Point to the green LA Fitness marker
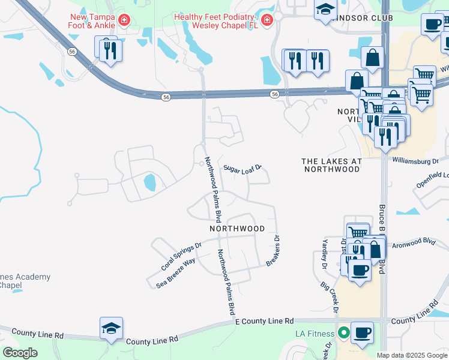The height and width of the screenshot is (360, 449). (x=344, y=332)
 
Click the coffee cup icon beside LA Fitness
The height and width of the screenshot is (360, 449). (x=362, y=332)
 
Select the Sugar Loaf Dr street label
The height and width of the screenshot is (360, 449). (x=243, y=169)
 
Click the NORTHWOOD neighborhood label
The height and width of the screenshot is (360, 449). (x=237, y=229)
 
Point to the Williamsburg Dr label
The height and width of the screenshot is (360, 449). (x=417, y=161)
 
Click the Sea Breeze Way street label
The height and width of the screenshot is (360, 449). (x=176, y=272)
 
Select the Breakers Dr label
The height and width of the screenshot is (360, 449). (x=273, y=251)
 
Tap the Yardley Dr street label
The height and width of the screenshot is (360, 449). (x=325, y=252)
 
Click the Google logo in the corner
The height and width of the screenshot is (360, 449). (x=20, y=353)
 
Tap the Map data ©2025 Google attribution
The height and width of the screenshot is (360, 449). (x=412, y=355)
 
